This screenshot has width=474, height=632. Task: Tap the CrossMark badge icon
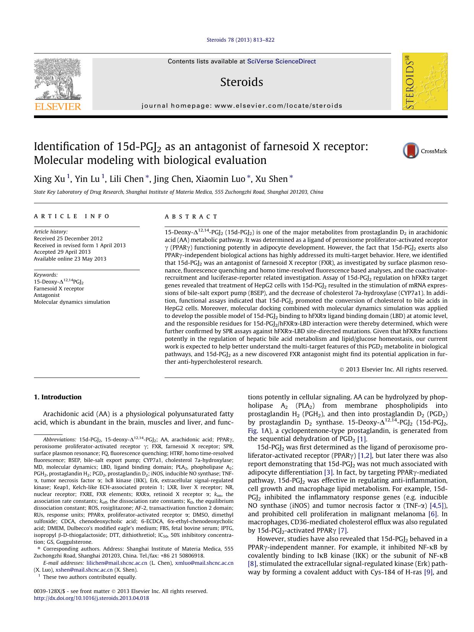[x=411, y=151]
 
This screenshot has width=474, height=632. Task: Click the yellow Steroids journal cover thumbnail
[x=424, y=81]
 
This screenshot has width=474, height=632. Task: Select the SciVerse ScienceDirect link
[x=281, y=61]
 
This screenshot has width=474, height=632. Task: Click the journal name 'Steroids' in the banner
[x=241, y=82]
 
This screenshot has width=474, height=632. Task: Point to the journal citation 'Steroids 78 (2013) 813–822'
[x=240, y=40]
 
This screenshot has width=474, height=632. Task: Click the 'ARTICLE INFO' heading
[x=72, y=216]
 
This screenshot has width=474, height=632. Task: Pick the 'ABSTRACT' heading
[x=191, y=216]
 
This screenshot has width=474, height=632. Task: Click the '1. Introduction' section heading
[x=58, y=397]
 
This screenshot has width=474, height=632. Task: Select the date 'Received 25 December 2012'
[x=68, y=238]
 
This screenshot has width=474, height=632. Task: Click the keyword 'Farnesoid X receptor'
[x=59, y=288]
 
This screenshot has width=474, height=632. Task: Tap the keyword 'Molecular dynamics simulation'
[x=72, y=302]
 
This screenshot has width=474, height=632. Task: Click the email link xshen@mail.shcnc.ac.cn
[x=84, y=570]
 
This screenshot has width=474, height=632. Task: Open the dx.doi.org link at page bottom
[x=91, y=598]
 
